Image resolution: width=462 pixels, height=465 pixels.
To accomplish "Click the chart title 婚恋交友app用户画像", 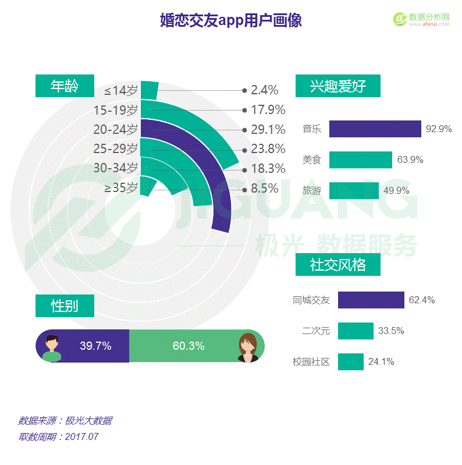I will pos(230,21).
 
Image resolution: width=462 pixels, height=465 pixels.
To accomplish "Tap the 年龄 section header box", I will pos(65,86).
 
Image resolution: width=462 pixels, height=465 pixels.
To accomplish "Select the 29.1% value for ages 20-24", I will pos(268,129).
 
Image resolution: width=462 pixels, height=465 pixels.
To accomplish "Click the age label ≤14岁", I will pos(121,90).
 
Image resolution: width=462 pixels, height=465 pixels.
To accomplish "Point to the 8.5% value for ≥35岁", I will pos(264,189).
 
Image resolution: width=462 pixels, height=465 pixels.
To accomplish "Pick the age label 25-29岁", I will pos(116,149).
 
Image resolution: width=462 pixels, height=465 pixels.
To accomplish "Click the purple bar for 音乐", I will pos(375,129).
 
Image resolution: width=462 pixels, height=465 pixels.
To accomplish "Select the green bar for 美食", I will pos(361,159).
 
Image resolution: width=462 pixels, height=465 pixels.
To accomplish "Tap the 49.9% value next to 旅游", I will pos(396,190).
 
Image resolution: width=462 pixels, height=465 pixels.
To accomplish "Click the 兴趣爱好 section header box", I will pos(338,86).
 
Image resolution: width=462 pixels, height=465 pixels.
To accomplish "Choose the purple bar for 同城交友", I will pos(371,300).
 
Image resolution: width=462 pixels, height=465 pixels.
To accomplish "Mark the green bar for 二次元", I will pos(356,331).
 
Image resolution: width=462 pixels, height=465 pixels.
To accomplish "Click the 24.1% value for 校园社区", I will pos(381,362).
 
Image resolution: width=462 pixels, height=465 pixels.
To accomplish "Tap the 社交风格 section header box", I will pos(338,265).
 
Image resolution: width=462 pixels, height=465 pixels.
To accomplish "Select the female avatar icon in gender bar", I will pos(248,347).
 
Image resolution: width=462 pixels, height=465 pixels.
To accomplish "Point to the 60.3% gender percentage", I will pos(189,346).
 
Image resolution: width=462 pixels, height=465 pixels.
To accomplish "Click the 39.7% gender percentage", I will pos(95,346).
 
